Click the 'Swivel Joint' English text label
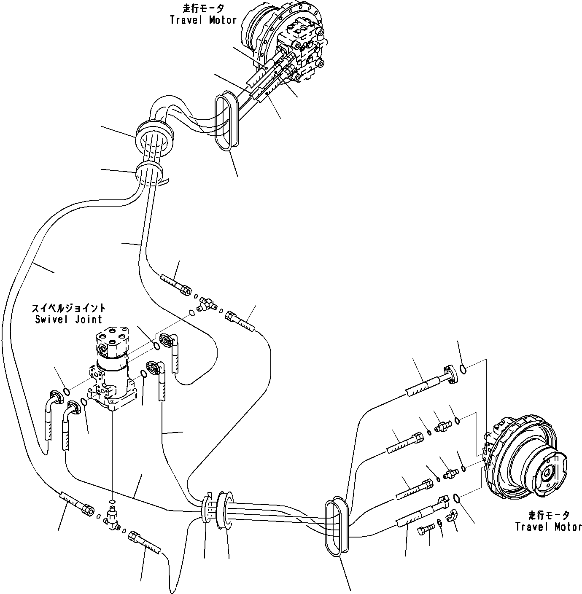coord(68,319)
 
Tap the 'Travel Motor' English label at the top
coord(203,20)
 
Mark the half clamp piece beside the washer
coord(453,515)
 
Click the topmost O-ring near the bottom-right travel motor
coord(463,370)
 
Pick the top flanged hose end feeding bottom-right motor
coord(450,376)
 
